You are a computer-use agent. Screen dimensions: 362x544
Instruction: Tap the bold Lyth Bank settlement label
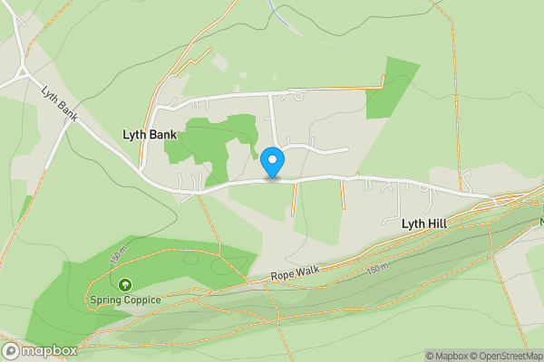point(149,135)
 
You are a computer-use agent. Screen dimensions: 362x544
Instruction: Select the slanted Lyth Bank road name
point(59,105)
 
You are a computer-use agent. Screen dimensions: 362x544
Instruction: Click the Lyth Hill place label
point(425,222)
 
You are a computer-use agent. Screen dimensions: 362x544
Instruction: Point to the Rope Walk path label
point(296,274)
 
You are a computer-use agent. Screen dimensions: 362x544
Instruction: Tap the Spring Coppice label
point(125,300)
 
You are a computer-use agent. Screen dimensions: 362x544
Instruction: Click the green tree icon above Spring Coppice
point(125,284)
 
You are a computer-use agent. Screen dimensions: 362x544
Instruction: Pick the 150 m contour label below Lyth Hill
point(378,269)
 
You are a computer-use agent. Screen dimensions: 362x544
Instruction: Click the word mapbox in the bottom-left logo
point(49,350)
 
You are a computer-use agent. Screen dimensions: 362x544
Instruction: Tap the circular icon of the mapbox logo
point(12,350)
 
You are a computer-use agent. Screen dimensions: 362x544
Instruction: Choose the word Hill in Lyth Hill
point(437,222)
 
